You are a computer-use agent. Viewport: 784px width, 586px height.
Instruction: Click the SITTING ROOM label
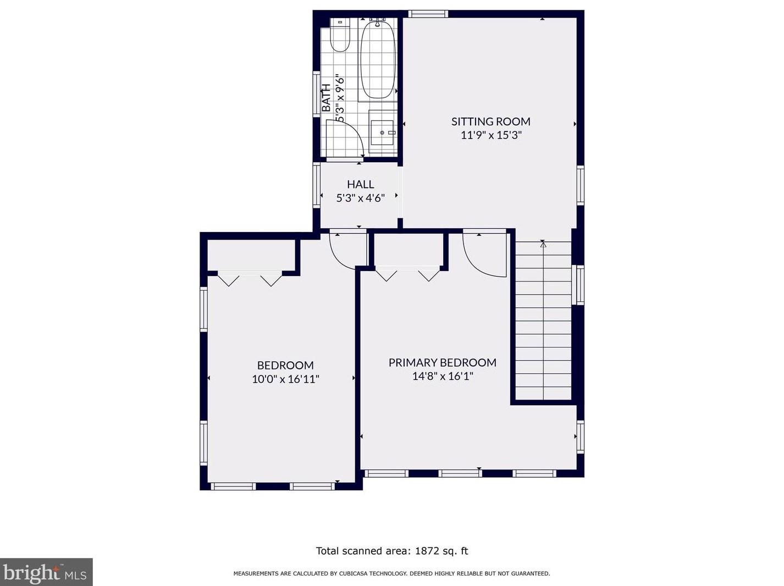tap(491, 121)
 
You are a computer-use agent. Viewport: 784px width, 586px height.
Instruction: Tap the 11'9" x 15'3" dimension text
tap(491, 135)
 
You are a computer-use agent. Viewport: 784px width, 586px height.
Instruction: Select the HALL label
tap(361, 184)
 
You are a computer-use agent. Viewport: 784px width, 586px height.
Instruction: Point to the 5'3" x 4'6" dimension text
tap(361, 198)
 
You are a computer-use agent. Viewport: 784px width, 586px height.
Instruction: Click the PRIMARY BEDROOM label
tap(442, 362)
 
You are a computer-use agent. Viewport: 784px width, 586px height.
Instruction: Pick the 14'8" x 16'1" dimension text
tap(443, 377)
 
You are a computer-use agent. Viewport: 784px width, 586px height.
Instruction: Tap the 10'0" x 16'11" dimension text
tap(285, 379)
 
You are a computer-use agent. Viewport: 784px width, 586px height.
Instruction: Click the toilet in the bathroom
tap(339, 35)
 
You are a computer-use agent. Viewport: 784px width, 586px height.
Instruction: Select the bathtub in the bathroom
tap(378, 59)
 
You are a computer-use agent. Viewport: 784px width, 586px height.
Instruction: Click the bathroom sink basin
tap(382, 132)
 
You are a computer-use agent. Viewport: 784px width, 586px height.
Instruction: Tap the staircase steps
tap(543, 320)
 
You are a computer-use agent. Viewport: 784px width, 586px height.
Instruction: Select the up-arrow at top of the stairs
tap(543, 244)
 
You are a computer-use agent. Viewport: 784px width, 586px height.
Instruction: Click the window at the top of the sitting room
tap(428, 14)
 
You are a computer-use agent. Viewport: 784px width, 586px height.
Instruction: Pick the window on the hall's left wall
tap(317, 185)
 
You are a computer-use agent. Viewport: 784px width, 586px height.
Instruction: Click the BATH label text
tap(326, 98)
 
